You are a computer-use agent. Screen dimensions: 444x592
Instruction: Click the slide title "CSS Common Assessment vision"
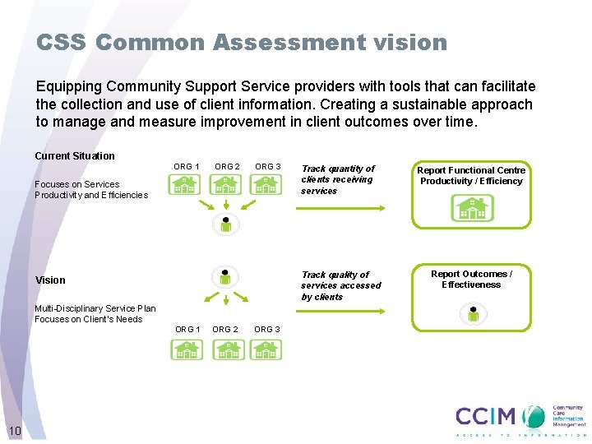pyautogui.click(x=242, y=43)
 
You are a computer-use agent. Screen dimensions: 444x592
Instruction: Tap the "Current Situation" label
pyautogui.click(x=75, y=156)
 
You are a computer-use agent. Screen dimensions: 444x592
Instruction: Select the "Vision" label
pyautogui.click(x=50, y=280)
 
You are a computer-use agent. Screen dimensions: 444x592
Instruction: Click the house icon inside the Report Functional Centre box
pyautogui.click(x=473, y=209)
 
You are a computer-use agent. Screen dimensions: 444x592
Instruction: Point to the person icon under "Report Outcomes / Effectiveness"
pyautogui.click(x=474, y=314)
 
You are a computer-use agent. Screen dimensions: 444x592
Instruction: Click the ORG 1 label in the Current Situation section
pyautogui.click(x=187, y=167)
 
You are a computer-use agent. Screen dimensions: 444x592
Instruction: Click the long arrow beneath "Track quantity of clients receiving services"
pyautogui.click(x=340, y=209)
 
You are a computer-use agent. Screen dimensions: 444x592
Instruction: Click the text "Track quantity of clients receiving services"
pyautogui.click(x=337, y=179)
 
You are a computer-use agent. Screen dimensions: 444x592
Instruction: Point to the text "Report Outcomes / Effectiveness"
pyautogui.click(x=471, y=280)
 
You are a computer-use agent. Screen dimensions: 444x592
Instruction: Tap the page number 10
pyautogui.click(x=14, y=431)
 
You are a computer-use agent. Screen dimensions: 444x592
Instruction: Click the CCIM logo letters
pyautogui.click(x=485, y=416)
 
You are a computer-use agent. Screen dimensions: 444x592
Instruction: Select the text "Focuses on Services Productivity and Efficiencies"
pyautogui.click(x=90, y=190)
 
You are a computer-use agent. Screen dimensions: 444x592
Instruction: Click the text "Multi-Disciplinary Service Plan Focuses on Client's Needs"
pyautogui.click(x=95, y=314)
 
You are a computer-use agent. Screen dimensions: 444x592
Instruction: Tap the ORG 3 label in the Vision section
pyautogui.click(x=267, y=330)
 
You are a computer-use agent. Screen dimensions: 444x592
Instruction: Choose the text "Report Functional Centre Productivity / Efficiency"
pyautogui.click(x=471, y=176)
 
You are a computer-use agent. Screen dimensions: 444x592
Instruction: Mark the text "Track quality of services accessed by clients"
pyautogui.click(x=340, y=285)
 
